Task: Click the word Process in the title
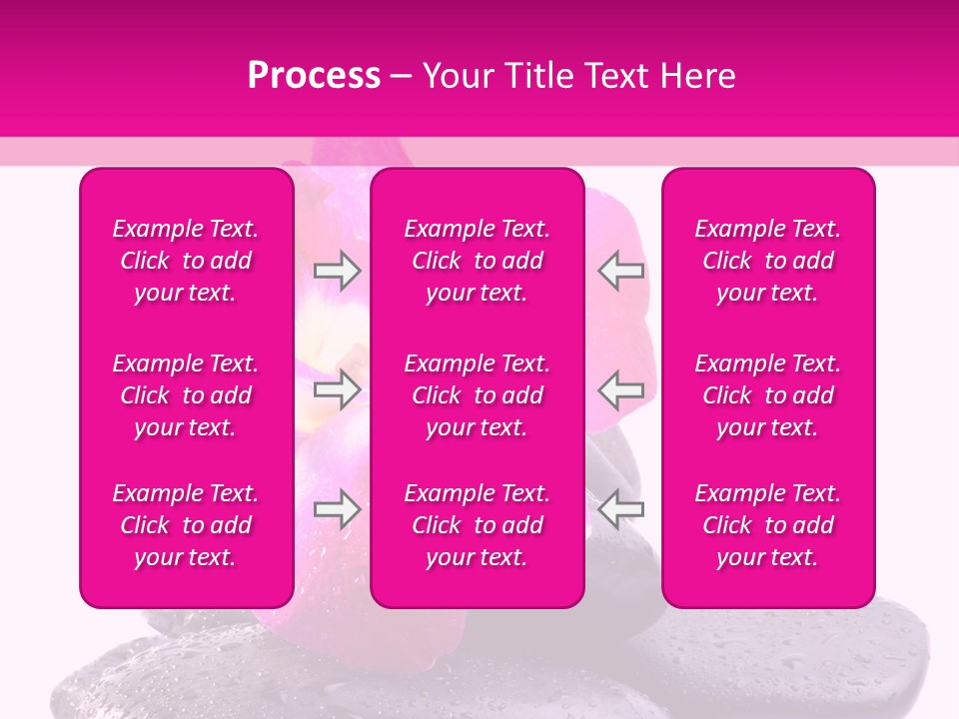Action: click(x=314, y=76)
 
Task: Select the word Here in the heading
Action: click(x=697, y=76)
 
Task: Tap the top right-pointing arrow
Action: click(x=337, y=271)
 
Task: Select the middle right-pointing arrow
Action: click(x=337, y=388)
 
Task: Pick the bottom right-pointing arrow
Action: click(x=337, y=509)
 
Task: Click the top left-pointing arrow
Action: click(x=620, y=271)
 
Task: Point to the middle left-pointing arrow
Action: click(x=620, y=388)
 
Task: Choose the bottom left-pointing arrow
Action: click(x=620, y=509)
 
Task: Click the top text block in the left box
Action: click(x=186, y=261)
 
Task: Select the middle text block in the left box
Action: click(x=186, y=395)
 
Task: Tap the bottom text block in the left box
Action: click(x=186, y=525)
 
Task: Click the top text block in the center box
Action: click(x=477, y=261)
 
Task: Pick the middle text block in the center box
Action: click(x=477, y=395)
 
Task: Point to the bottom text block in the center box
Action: click(x=477, y=525)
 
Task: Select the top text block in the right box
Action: click(x=767, y=261)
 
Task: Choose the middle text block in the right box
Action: click(x=767, y=395)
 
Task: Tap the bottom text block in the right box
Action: click(x=767, y=525)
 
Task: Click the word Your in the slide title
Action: click(x=456, y=76)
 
